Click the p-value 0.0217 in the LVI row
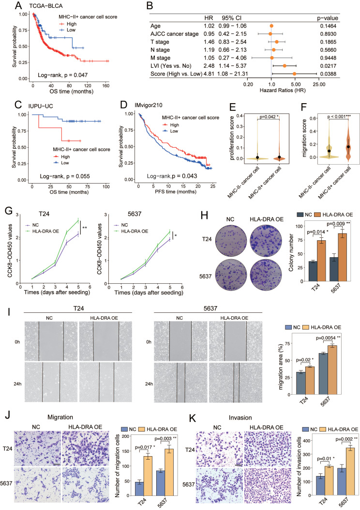tap(328, 66)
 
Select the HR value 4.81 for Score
tap(209, 74)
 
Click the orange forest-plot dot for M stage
tap(272, 58)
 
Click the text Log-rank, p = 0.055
tap(65, 176)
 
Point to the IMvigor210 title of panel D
tap(149, 105)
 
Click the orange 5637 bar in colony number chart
tap(342, 257)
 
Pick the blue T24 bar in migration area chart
tap(301, 383)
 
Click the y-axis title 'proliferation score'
tap(232, 138)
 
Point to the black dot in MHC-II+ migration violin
tap(348, 147)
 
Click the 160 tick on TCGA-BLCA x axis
tap(105, 86)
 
